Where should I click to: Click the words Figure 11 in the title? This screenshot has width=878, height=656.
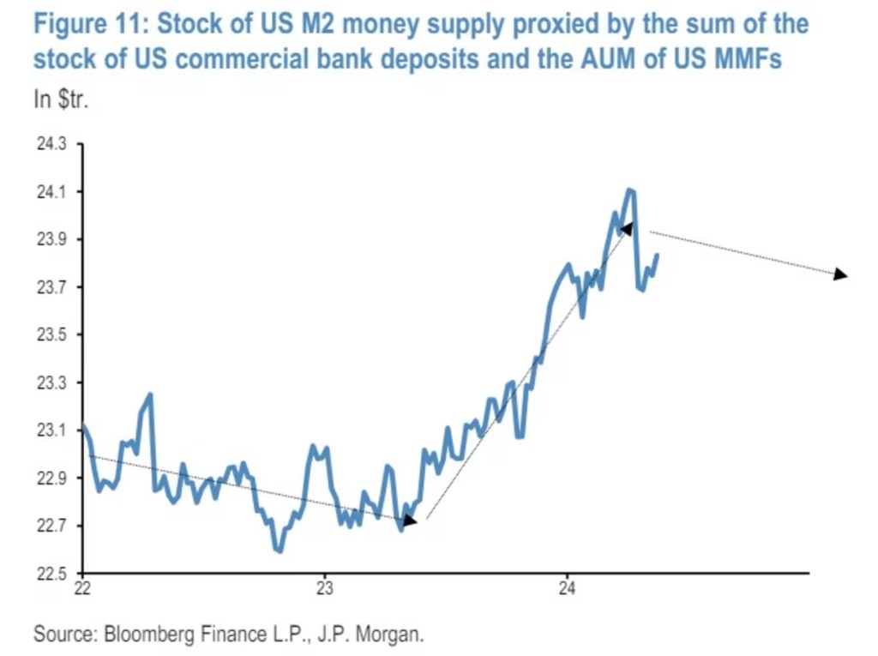[90, 23]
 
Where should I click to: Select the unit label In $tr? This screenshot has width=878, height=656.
[62, 100]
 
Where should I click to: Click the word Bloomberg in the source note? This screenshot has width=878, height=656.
[151, 635]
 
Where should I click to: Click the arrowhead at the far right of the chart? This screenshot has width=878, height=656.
[840, 274]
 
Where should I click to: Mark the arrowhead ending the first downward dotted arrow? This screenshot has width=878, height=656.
[410, 520]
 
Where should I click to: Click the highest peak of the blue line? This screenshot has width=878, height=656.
[630, 190]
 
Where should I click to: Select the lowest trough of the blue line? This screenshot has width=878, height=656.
[279, 551]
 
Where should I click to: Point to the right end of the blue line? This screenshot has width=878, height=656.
[658, 254]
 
